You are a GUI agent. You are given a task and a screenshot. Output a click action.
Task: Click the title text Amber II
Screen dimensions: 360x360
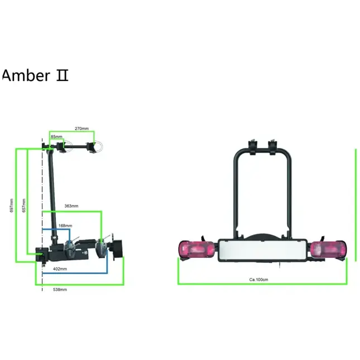(35, 75)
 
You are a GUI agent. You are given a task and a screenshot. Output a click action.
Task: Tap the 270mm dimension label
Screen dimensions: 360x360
(81, 128)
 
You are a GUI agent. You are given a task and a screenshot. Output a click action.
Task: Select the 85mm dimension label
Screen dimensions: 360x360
(56, 136)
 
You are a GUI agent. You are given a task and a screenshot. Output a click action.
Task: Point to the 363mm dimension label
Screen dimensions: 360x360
(71, 206)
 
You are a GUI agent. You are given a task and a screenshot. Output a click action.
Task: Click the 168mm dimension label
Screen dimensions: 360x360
(65, 225)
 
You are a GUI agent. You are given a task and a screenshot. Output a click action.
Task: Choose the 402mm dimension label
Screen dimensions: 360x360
(60, 268)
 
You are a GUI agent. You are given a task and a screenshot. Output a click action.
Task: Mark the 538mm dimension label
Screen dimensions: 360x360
(60, 290)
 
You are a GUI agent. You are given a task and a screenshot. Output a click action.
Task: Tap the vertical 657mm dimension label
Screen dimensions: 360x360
(23, 205)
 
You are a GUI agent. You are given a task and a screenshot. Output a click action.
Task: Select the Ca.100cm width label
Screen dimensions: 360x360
(259, 279)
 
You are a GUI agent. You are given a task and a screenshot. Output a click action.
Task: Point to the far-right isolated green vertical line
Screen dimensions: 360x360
(355, 204)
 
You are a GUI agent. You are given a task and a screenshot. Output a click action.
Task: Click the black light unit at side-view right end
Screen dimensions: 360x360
(118, 249)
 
